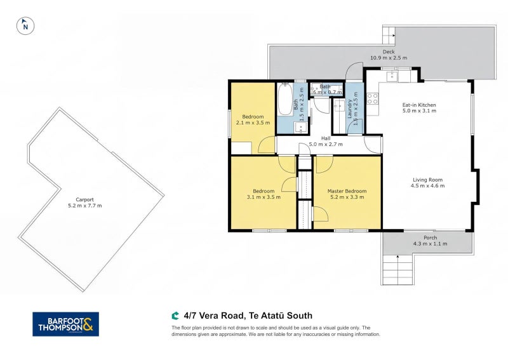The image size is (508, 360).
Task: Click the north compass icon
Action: tap(25, 26)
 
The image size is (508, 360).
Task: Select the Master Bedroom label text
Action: tap(347, 191)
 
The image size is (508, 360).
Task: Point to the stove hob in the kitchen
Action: tap(373, 98)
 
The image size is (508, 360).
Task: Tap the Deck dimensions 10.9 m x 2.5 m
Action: tap(388, 58)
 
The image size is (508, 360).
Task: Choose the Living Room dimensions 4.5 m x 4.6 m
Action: tap(428, 186)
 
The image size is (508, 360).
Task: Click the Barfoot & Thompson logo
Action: tap(66, 323)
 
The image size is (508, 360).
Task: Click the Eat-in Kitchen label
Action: tap(419, 105)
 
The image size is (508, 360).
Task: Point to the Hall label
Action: tap(326, 138)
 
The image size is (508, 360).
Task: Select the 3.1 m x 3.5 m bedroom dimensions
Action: tap(264, 197)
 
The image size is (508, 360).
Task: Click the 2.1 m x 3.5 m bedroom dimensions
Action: tap(253, 123)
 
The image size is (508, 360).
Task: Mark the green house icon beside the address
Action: tap(175, 315)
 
